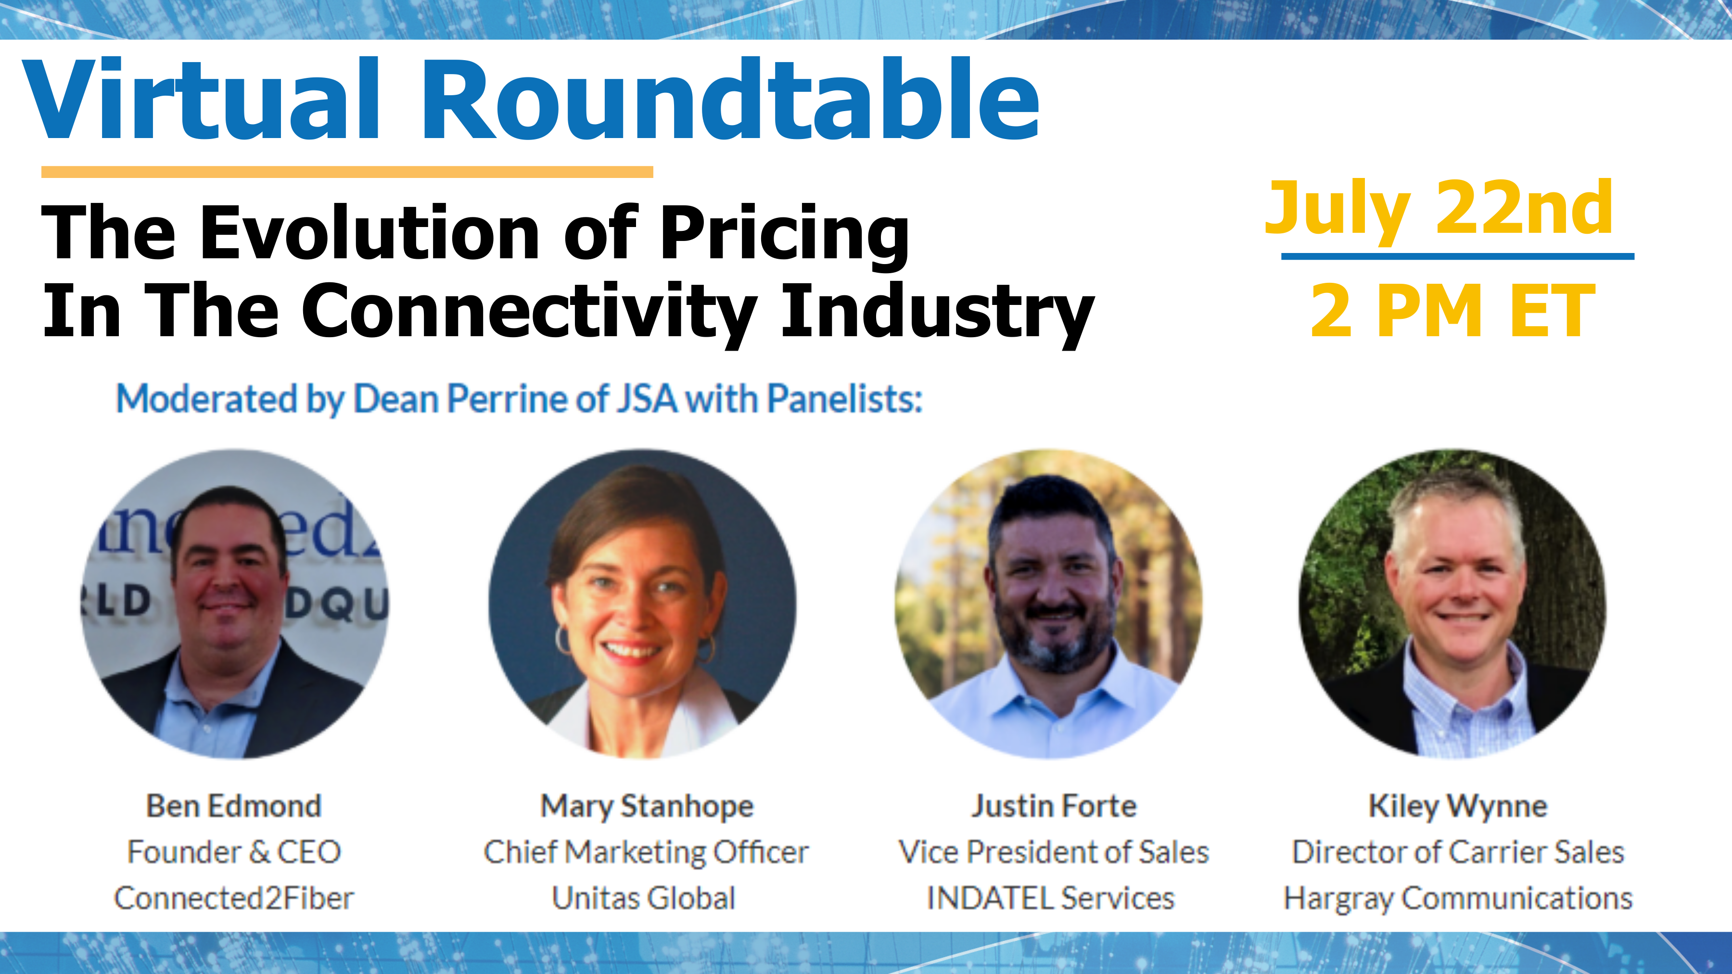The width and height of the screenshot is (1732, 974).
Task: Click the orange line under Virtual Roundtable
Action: coord(347,172)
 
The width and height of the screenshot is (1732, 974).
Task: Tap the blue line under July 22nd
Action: coord(1458,256)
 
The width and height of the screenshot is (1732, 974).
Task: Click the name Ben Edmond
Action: coord(234,806)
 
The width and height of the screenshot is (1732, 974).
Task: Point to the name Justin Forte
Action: coord(1054,806)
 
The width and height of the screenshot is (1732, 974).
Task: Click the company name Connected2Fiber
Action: coord(234,898)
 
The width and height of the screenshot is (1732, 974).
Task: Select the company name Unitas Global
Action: coord(644,898)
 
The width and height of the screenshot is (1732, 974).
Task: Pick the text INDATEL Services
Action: coord(1051,898)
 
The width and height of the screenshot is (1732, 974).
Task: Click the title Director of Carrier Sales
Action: coord(1458,852)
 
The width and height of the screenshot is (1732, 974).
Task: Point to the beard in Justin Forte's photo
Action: coord(1056,639)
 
